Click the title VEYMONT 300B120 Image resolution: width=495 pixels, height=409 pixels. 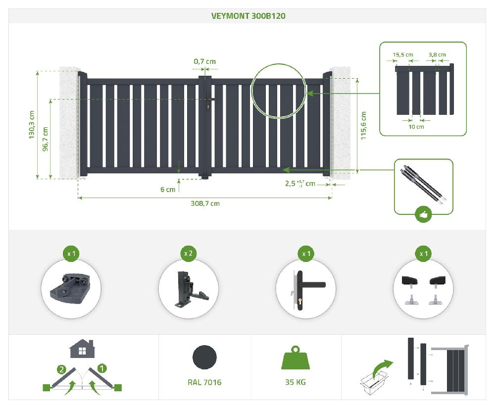point(248,16)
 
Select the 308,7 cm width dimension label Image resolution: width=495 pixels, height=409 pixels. point(205,204)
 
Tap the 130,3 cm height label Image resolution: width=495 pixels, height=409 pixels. point(31,124)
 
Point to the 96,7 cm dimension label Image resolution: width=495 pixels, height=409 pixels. point(46,139)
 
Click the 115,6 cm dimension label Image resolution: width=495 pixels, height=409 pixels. point(363,125)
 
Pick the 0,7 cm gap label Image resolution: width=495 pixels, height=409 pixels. point(205,61)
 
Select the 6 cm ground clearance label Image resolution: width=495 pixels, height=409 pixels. point(168,190)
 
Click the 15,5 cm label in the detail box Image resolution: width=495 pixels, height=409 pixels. point(403,54)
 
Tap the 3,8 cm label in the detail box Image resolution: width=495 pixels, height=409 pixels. point(437,54)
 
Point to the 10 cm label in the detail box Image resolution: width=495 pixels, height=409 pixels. point(416,127)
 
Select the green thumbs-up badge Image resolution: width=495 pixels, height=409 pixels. point(423,214)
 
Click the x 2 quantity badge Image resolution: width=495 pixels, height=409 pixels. point(188,254)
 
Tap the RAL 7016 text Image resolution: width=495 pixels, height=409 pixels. point(204,382)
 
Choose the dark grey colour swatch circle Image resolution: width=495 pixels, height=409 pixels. point(204,357)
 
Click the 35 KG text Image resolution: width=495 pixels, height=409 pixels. point(295,382)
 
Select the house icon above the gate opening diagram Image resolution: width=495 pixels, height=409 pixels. point(82,349)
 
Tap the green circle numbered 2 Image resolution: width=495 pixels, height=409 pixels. point(61,369)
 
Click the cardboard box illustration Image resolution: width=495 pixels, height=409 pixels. point(374,383)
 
